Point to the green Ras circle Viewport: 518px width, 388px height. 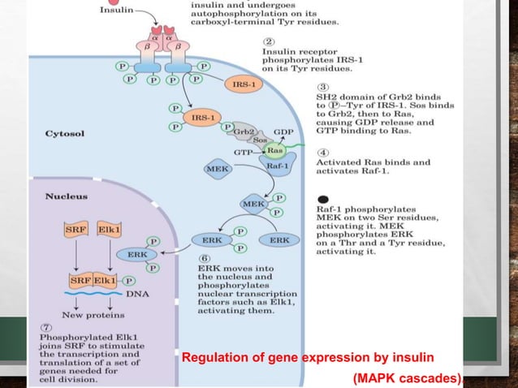[x=275, y=151]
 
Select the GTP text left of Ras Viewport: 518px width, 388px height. [x=245, y=152]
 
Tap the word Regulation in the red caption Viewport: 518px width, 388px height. [x=212, y=358]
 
